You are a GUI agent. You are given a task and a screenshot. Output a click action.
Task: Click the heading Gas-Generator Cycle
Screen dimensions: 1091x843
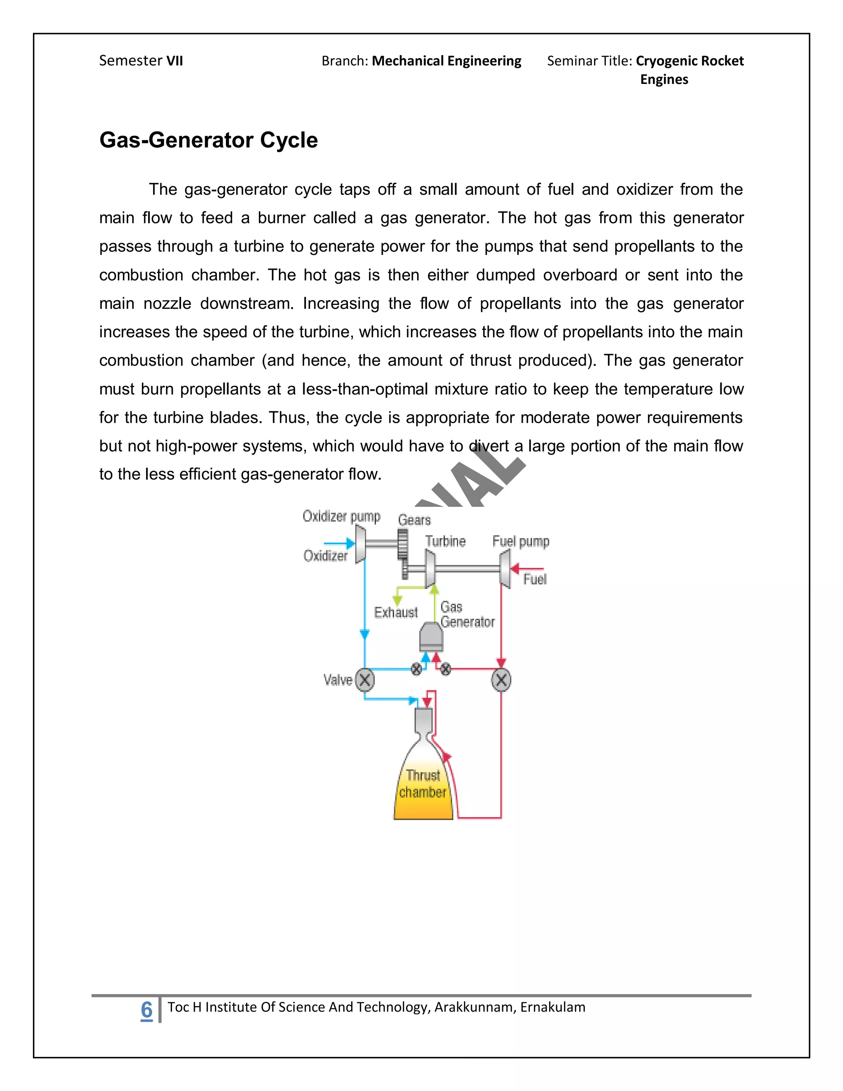point(208,140)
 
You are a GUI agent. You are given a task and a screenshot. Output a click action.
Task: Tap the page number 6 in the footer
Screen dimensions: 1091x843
point(146,1009)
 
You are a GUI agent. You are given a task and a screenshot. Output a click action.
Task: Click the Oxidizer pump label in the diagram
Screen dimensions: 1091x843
point(341,517)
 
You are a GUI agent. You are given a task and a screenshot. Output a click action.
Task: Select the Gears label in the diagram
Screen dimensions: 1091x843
point(414,520)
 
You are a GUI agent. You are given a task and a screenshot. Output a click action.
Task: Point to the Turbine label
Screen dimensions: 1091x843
point(445,541)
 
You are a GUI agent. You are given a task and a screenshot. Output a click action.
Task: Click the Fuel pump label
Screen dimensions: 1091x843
point(520,541)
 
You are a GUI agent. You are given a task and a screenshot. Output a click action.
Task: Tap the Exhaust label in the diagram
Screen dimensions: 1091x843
point(396,613)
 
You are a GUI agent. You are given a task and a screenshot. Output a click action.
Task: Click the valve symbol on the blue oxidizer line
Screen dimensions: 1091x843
point(365,680)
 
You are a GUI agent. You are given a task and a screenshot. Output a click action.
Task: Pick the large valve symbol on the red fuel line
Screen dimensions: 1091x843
point(501,680)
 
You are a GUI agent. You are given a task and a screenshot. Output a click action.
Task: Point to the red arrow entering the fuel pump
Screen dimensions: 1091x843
point(526,569)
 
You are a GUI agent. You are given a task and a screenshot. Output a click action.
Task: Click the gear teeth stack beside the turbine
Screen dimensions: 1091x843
point(403,552)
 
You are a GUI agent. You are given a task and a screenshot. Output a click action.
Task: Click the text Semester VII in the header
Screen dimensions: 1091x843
point(141,61)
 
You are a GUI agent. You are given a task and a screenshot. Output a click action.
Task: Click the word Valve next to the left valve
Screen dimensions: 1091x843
point(338,680)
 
